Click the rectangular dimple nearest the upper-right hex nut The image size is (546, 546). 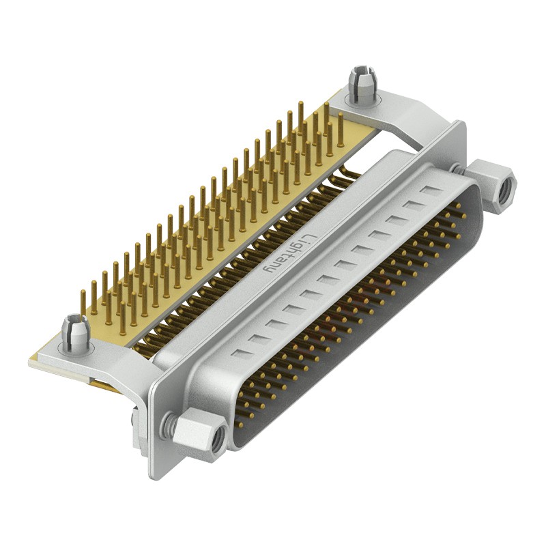coord(431,190)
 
